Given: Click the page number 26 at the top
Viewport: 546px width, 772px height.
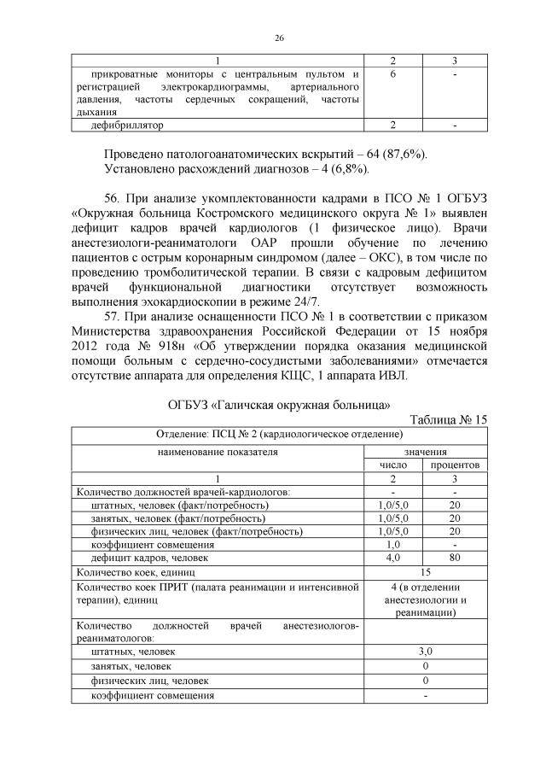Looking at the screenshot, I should click(x=279, y=38).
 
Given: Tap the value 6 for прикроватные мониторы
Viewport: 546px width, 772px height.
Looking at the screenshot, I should click(x=393, y=75).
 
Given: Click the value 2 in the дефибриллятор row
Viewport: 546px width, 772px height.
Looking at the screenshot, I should click(x=393, y=125).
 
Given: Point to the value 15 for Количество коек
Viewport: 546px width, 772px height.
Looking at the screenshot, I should click(x=425, y=572).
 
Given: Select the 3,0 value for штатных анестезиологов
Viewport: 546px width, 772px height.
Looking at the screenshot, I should click(x=425, y=651).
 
